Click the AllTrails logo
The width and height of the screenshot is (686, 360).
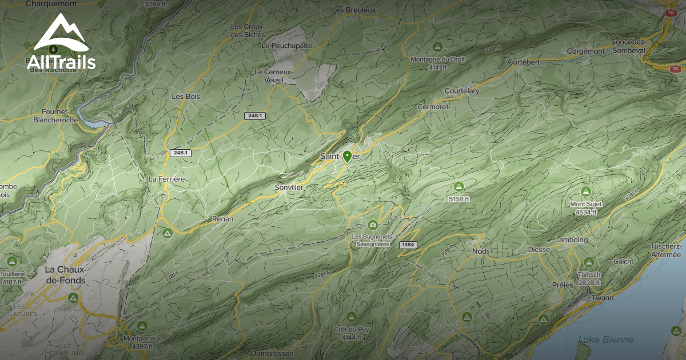click(x=61, y=43)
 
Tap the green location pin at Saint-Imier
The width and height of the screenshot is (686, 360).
click(x=347, y=156)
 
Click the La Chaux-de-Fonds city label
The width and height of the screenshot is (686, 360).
click(x=65, y=275)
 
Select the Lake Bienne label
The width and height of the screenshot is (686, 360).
click(x=605, y=339)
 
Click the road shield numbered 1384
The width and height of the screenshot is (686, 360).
click(x=408, y=245)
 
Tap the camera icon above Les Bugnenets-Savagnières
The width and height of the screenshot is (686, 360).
click(x=373, y=225)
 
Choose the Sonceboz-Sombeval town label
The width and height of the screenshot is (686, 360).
click(x=628, y=46)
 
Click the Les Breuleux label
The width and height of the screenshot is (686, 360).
click(x=353, y=10)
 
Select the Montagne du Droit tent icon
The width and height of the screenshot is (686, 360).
click(x=438, y=46)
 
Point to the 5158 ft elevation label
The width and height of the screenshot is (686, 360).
click(x=458, y=199)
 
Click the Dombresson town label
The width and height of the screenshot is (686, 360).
click(x=272, y=354)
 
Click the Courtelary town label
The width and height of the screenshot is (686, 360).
click(x=462, y=91)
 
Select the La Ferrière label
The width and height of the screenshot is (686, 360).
click(x=166, y=179)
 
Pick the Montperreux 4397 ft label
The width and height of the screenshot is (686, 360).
click(x=142, y=342)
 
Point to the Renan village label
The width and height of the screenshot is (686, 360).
click(x=222, y=218)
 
